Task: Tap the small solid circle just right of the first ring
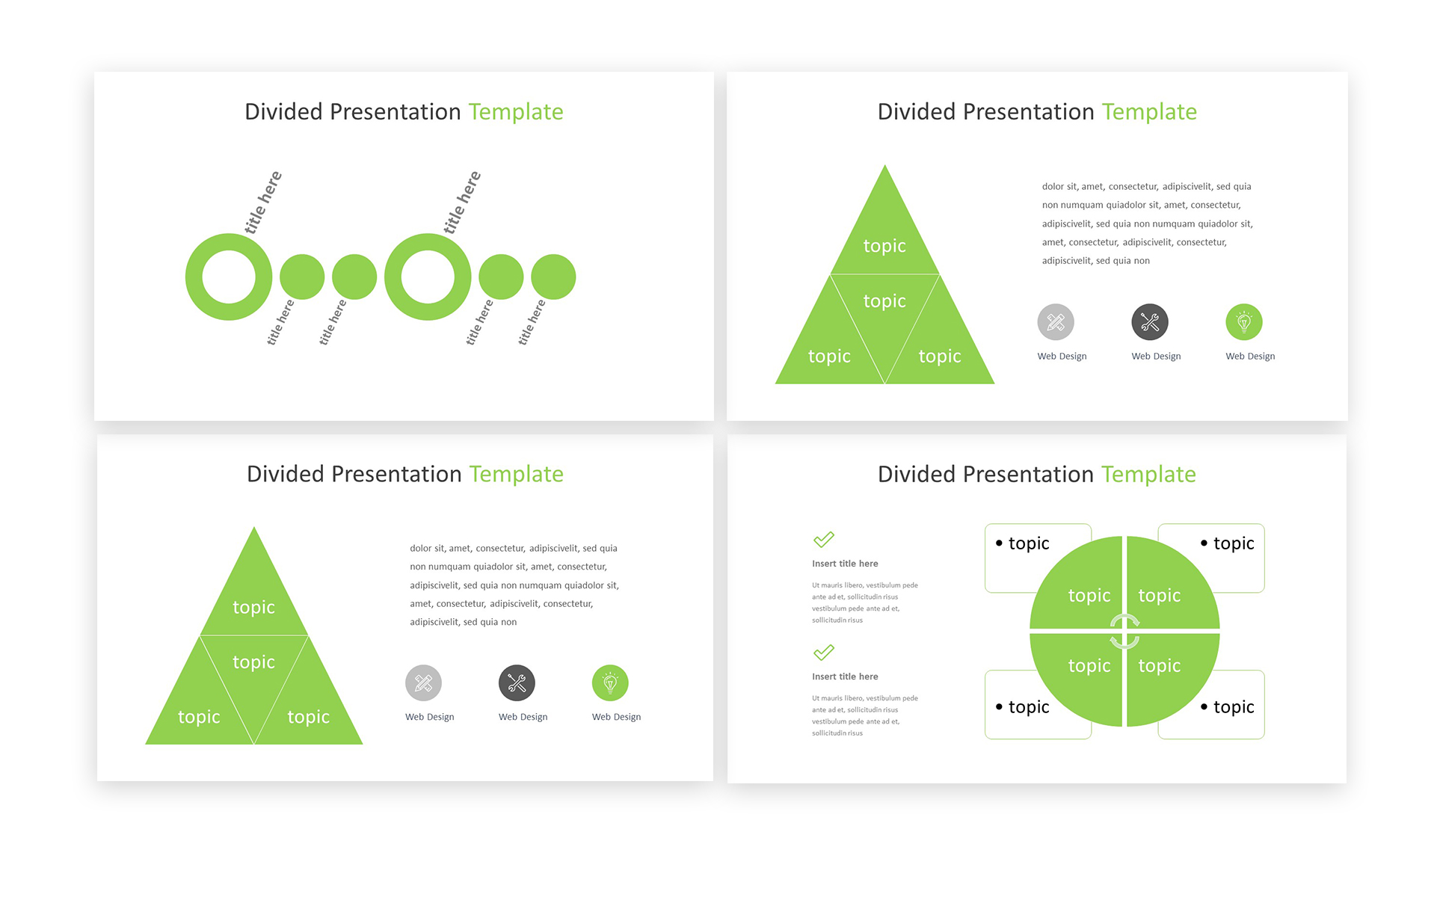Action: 302,277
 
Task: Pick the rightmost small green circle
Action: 553,277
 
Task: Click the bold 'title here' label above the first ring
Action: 263,202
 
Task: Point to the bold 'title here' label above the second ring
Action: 462,202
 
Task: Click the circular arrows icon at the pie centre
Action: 1124,632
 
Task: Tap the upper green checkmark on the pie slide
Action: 823,539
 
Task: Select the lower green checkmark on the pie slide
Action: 823,653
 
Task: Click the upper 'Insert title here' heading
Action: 845,564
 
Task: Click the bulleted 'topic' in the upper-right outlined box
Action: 1227,543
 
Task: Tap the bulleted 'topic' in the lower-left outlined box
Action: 1022,706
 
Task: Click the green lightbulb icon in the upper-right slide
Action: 1244,322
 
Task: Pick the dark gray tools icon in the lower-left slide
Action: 517,682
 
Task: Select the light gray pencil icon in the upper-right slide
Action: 1056,322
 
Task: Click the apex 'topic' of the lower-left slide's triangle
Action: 253,607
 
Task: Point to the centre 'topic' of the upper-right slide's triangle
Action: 884,300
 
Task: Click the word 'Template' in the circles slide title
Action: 516,111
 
